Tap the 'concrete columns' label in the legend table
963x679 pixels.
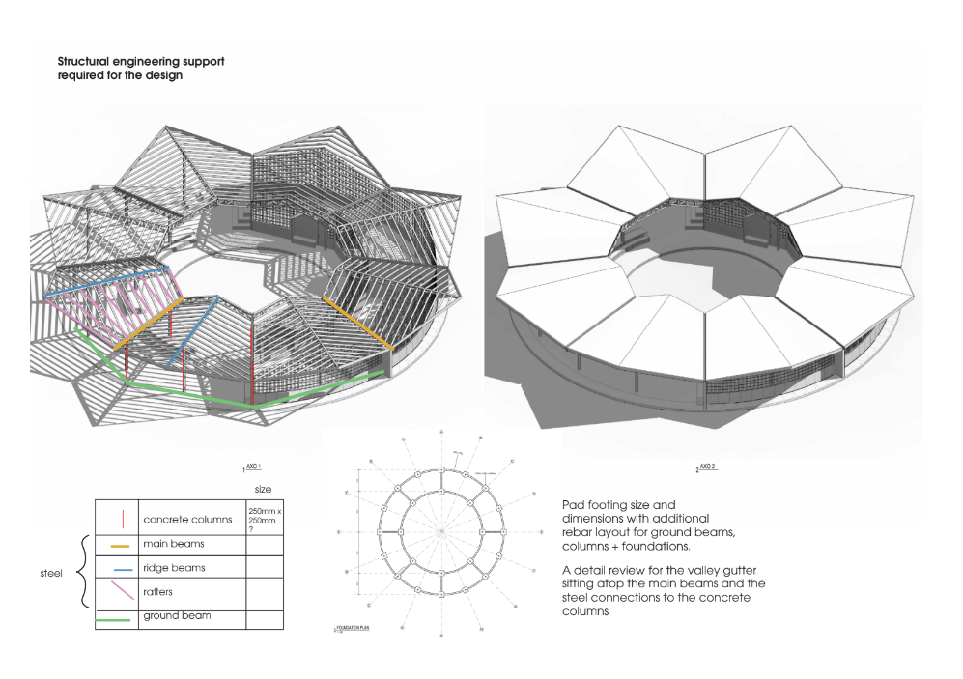point(189,520)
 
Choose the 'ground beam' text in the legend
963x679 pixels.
point(178,614)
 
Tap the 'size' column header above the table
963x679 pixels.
point(262,490)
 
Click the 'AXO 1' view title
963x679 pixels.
point(256,467)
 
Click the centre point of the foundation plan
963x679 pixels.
point(440,532)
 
